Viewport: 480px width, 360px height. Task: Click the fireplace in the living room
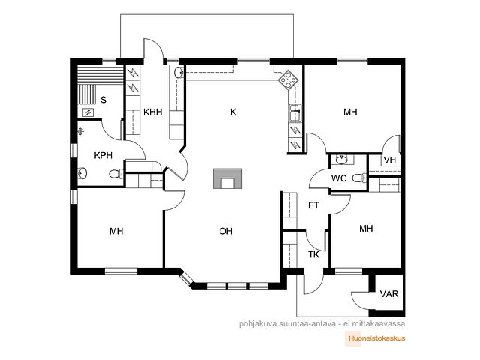point(228,178)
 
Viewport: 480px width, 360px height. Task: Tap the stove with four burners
point(288,79)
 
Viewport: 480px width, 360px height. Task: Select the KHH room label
point(153,112)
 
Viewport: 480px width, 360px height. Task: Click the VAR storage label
point(389,294)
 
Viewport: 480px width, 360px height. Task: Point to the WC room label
point(339,178)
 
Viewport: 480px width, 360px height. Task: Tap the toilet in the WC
point(359,178)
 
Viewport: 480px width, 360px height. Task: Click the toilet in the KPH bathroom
point(116,174)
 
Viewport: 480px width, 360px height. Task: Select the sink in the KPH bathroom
point(82,173)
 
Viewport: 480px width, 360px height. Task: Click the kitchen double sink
point(295,113)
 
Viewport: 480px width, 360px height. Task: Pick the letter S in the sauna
point(103,100)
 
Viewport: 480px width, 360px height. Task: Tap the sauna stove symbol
point(88,113)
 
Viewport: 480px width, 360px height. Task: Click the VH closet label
point(390,160)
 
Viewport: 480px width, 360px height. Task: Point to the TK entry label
point(313,254)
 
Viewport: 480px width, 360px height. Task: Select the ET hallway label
point(313,205)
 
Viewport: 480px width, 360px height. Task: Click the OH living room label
point(226,231)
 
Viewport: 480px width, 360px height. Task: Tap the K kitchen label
point(233,112)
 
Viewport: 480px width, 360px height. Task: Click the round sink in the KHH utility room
point(178,73)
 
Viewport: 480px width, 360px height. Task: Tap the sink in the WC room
point(341,159)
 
